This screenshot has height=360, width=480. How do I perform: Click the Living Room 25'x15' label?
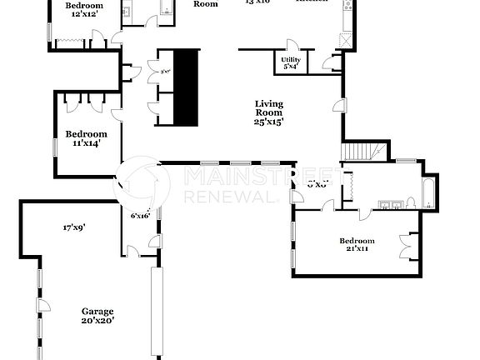pyautogui.click(x=269, y=112)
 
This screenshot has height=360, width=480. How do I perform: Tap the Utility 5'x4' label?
pyautogui.click(x=291, y=63)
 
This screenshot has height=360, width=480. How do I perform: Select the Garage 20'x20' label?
pyautogui.click(x=97, y=315)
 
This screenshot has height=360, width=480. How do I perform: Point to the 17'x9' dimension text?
pyautogui.click(x=74, y=227)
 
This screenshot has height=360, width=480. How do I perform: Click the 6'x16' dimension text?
pyautogui.click(x=139, y=216)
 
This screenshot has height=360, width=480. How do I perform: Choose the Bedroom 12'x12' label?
pyautogui.click(x=83, y=10)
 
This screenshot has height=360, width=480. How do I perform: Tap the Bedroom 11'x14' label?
pyautogui.click(x=87, y=138)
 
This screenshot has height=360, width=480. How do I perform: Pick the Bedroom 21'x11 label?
pyautogui.click(x=357, y=244)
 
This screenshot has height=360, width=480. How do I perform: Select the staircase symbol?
pyautogui.click(x=364, y=152)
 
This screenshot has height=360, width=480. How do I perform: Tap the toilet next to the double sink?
pyautogui.click(x=412, y=202)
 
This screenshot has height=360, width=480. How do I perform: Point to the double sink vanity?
pyautogui.click(x=387, y=202)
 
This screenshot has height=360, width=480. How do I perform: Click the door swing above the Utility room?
pyautogui.click(x=292, y=46)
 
